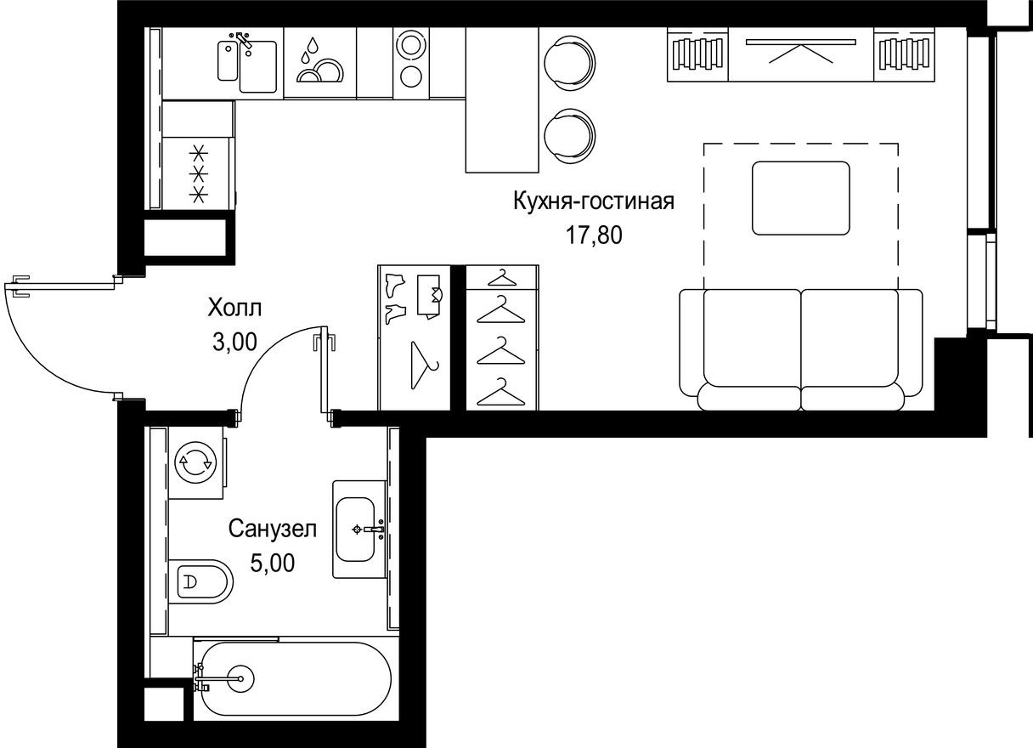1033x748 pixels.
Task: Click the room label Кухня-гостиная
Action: click(593, 201)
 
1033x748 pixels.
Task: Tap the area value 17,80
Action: click(595, 235)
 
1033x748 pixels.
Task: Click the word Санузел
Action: click(272, 530)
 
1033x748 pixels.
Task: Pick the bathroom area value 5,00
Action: click(273, 563)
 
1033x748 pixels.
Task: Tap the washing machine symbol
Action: click(195, 462)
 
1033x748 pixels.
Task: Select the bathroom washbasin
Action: click(359, 530)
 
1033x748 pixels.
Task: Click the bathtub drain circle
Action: click(241, 677)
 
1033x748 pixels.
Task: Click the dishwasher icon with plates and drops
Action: click(319, 62)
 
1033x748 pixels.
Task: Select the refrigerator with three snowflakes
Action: click(197, 173)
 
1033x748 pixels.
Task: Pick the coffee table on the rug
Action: click(800, 198)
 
